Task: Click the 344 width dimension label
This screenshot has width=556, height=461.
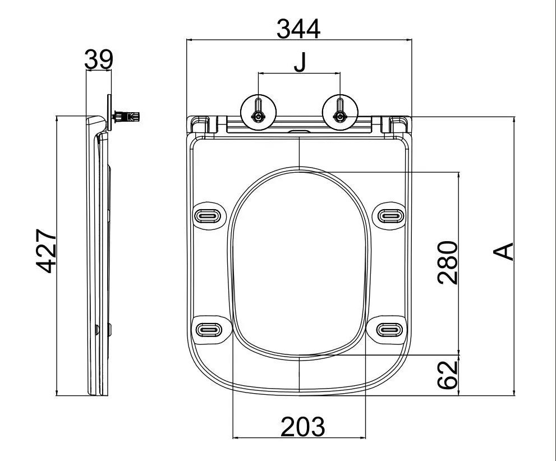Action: coord(298,29)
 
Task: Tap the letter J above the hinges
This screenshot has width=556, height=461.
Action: coord(300,62)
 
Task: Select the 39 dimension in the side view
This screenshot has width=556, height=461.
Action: coord(99,59)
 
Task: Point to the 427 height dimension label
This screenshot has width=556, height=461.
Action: coord(47,251)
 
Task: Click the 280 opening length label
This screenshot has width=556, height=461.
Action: coord(448,262)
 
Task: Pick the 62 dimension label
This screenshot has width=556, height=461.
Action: coord(448,375)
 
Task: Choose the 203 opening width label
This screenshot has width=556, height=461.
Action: coord(303,426)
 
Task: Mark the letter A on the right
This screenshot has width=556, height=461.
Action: coord(503,251)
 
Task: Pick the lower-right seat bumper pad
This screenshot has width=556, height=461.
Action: coord(389,330)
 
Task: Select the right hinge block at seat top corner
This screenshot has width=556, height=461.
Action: coord(396,125)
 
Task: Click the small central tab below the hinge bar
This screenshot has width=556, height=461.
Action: coord(299,131)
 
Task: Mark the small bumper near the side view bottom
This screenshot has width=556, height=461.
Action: coord(109,330)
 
